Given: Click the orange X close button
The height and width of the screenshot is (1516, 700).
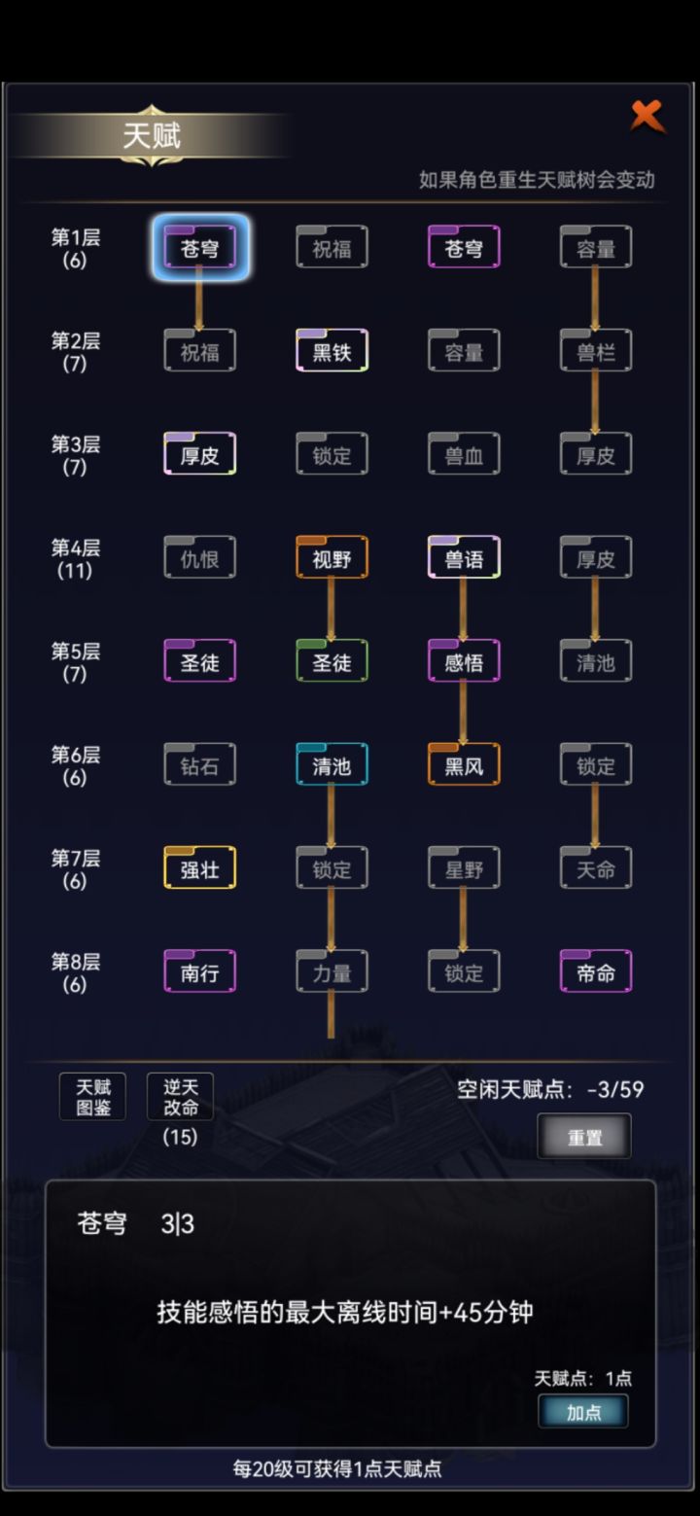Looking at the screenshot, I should [647, 117].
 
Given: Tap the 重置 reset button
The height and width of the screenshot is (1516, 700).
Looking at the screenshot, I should [584, 1137].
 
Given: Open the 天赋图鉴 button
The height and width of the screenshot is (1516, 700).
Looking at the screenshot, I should [92, 1097].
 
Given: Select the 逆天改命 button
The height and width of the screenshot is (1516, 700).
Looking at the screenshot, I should [180, 1097].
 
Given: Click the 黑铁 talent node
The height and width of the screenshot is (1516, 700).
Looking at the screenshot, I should [332, 351].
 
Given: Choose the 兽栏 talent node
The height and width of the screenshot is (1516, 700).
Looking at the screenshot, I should [596, 351].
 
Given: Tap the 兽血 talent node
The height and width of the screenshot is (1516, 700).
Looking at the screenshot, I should [464, 454].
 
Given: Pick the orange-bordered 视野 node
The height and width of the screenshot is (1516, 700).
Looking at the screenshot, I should [332, 558].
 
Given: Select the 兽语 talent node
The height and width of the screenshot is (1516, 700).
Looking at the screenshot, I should [464, 558].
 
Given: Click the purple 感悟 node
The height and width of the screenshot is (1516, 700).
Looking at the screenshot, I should [464, 661].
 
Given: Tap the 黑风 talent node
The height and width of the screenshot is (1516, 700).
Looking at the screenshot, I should [464, 765].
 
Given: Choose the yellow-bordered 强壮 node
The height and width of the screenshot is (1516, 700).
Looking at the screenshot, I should [199, 868].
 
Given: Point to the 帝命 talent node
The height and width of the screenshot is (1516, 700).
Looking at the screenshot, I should [596, 972].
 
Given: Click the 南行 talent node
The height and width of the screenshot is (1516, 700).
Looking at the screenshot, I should [199, 972].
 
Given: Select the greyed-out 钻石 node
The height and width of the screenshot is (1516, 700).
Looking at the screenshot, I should [199, 765].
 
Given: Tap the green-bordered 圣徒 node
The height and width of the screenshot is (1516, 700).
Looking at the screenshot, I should [332, 661].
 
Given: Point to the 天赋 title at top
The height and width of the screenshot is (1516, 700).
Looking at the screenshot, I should [152, 136].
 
